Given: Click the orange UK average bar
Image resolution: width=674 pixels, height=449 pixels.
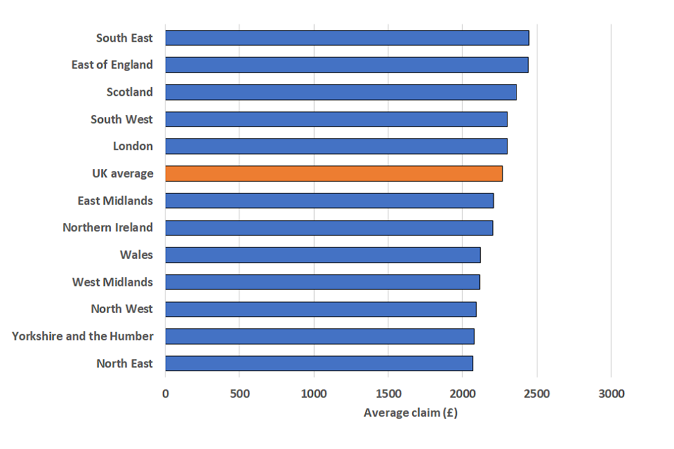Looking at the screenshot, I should pyautogui.click(x=333, y=173).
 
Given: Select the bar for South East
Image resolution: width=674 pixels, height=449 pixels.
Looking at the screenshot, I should pyautogui.click(x=347, y=38).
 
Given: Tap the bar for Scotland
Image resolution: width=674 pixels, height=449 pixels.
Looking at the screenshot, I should pyautogui.click(x=341, y=92).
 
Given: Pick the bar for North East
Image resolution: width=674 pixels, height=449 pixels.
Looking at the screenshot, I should pyautogui.click(x=319, y=363).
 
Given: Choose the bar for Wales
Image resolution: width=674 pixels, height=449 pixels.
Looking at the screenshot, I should pyautogui.click(x=323, y=255).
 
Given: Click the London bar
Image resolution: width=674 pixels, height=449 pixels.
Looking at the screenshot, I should pyautogui.click(x=336, y=146).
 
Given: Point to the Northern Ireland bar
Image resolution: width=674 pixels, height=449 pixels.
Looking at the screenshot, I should pyautogui.click(x=329, y=228).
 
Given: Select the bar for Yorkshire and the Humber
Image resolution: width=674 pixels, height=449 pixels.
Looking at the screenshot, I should pyautogui.click(x=319, y=336).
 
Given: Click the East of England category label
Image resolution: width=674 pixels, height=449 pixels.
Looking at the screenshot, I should pyautogui.click(x=112, y=65).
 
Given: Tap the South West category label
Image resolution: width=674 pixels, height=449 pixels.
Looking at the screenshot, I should pyautogui.click(x=121, y=119).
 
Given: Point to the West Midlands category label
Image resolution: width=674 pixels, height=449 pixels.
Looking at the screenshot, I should pyautogui.click(x=112, y=282).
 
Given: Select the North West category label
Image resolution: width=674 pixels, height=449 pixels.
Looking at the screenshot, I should pyautogui.click(x=121, y=309).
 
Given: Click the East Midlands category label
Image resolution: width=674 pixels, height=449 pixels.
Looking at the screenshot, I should pyautogui.click(x=115, y=201).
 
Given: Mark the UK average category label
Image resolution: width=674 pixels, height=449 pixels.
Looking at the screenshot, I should pyautogui.click(x=122, y=173).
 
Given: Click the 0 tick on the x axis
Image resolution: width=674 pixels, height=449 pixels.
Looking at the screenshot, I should pyautogui.click(x=166, y=394).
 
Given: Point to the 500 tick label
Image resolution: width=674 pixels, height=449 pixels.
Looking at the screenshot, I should pyautogui.click(x=239, y=394).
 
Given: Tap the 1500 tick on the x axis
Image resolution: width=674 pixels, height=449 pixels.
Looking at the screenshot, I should pyautogui.click(x=388, y=394).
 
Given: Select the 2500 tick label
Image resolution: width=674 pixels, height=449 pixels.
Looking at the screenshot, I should pyautogui.click(x=536, y=394).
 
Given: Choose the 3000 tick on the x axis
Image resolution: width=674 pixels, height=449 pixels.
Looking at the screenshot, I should pyautogui.click(x=611, y=394).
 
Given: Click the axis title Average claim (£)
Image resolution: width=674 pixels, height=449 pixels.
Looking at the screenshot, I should pyautogui.click(x=410, y=413).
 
